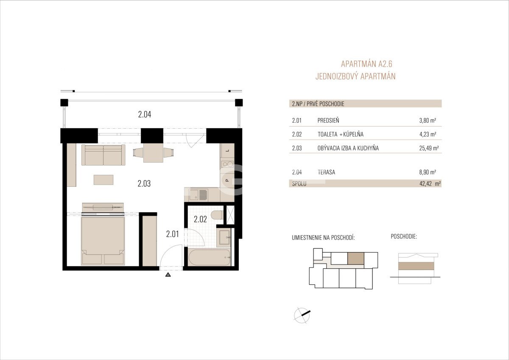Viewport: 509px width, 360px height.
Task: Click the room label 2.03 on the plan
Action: coord(144,183)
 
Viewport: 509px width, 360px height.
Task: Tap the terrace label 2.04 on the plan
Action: coord(145,114)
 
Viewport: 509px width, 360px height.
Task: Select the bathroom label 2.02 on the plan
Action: coord(200,219)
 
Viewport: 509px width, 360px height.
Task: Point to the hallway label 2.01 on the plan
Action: coord(173,234)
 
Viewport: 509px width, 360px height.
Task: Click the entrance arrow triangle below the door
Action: coord(168,275)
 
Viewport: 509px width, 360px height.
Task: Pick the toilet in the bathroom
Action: coord(217,215)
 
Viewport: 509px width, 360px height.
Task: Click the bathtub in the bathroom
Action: coord(209,257)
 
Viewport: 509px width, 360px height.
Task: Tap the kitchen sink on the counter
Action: coord(198,195)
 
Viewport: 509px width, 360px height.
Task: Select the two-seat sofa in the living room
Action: coord(103,155)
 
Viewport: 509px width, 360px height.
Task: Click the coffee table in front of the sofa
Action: coord(103,180)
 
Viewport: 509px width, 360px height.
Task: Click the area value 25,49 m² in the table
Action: coord(429,148)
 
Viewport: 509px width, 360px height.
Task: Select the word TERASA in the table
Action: coord(326,172)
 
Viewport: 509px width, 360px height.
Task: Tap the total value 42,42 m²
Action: coord(430,184)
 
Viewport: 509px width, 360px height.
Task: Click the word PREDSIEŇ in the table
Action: coord(328,120)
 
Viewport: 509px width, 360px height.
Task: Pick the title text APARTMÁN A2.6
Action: coord(366,64)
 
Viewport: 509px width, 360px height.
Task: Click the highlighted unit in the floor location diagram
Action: coord(356,259)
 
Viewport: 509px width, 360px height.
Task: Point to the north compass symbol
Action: coord(302,315)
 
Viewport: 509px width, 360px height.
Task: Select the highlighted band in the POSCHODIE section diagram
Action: coord(416,266)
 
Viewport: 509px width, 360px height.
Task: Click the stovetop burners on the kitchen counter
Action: coord(227,164)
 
